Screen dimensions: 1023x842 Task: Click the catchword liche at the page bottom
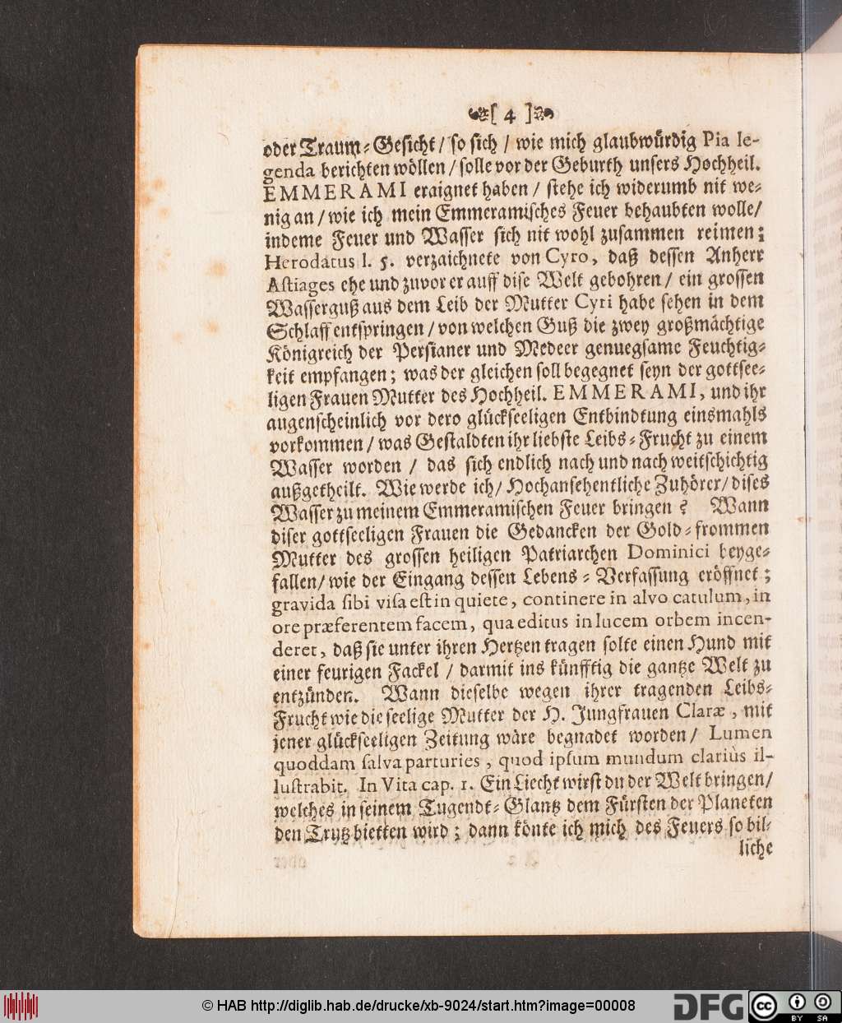756,847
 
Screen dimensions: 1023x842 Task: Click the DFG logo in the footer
706,1005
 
